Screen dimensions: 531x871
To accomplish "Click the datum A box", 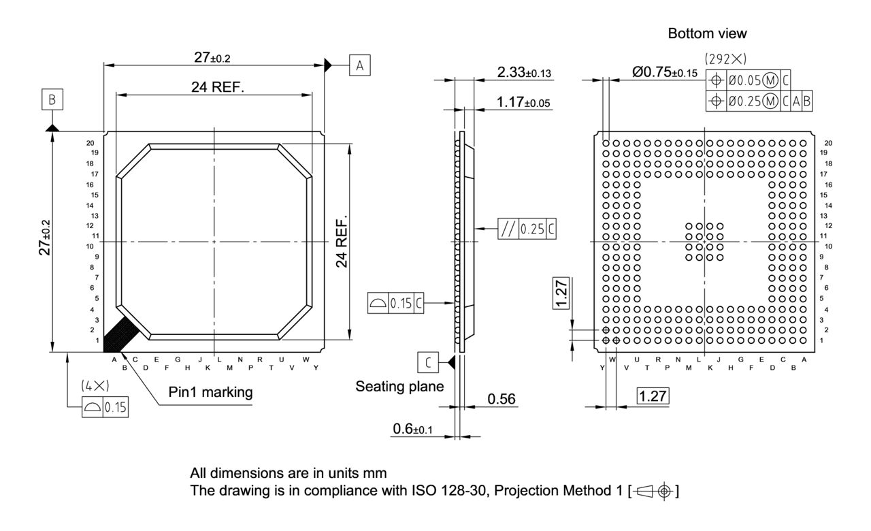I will click(360, 65).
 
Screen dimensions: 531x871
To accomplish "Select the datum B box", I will click(52, 100).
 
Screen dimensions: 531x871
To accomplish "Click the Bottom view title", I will click(708, 33).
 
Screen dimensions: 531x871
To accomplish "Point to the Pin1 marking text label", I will click(210, 392).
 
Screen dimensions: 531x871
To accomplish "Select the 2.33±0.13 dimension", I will click(524, 72).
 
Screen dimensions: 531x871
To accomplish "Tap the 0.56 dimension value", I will click(502, 399).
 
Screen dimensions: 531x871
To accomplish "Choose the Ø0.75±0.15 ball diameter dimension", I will click(665, 73).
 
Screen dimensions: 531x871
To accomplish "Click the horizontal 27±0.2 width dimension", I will click(212, 58).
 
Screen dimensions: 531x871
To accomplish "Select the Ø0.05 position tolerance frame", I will click(749, 80).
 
